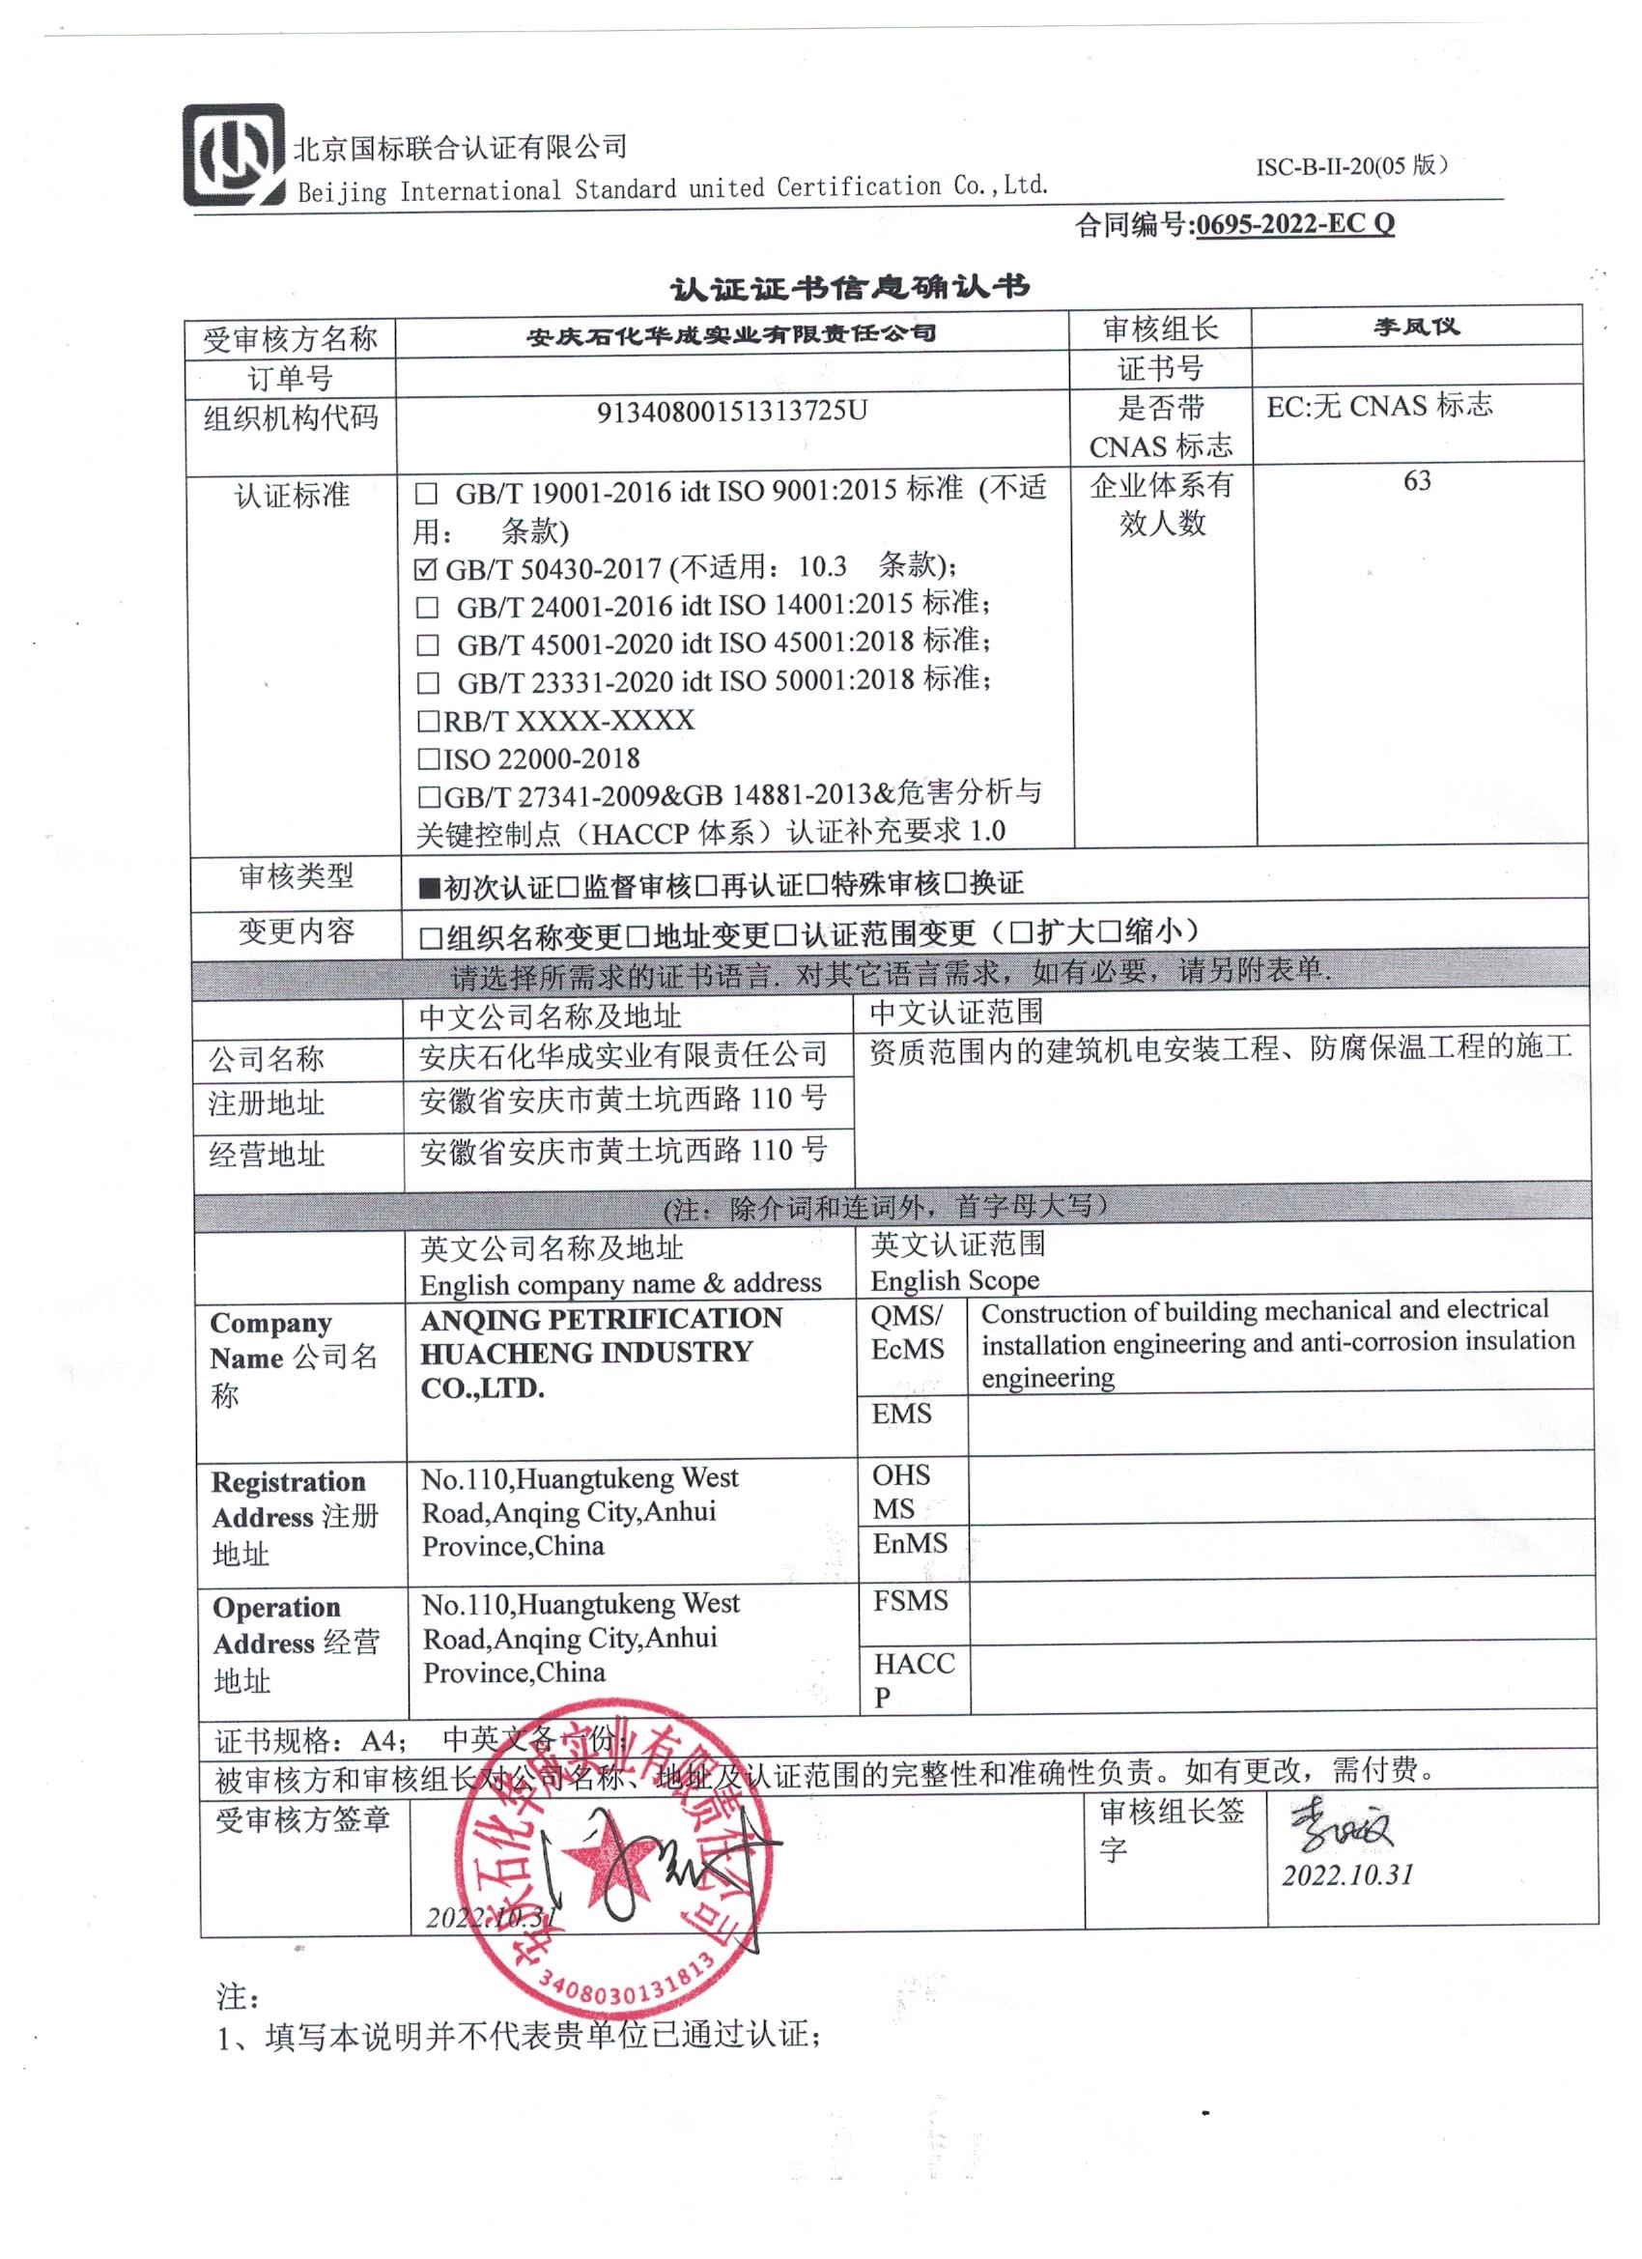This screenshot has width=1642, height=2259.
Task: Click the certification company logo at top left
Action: (x=233, y=155)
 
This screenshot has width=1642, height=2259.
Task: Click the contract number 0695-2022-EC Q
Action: (x=1293, y=224)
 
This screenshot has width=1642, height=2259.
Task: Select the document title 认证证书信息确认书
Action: (x=849, y=288)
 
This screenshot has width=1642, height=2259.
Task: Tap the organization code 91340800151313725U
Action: (x=732, y=412)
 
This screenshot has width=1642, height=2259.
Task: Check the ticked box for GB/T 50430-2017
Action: (x=425, y=570)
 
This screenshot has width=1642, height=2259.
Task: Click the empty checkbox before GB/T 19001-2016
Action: (x=426, y=493)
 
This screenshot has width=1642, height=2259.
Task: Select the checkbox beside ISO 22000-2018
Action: (x=428, y=759)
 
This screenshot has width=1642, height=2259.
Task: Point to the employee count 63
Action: (x=1416, y=482)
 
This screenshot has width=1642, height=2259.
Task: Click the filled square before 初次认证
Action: (x=429, y=886)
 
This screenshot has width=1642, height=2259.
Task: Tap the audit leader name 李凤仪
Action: (x=1416, y=327)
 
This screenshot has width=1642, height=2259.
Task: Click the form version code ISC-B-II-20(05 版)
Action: (x=1350, y=166)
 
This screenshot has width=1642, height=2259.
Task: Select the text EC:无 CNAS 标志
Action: (x=1379, y=406)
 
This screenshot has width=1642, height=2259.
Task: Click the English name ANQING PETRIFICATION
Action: (x=601, y=1319)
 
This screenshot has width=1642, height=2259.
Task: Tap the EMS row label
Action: (x=901, y=1414)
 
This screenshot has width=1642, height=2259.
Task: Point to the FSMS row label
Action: (x=910, y=1601)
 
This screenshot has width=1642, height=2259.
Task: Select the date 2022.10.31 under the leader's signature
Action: (x=1347, y=1875)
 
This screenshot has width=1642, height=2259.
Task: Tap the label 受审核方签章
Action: (x=301, y=1817)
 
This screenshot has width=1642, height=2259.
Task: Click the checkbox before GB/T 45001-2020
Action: (x=427, y=645)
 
